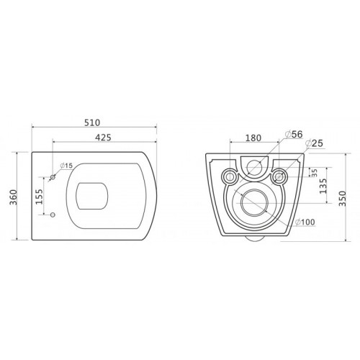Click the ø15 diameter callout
(x=66, y=166)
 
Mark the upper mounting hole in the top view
(x=54, y=177)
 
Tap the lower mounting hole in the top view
(x=54, y=215)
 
